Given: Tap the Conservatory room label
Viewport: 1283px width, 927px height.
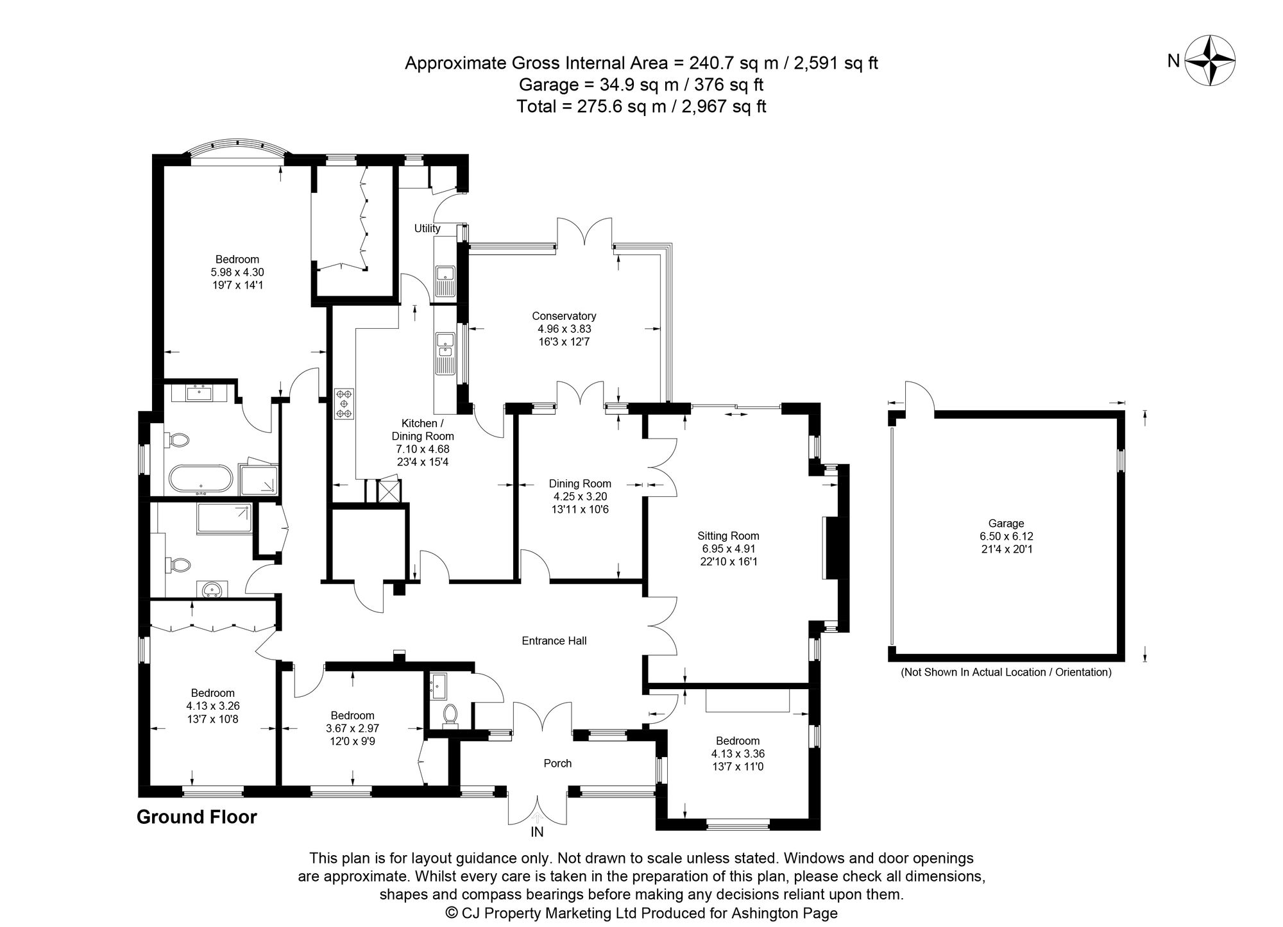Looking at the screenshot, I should click(x=564, y=316).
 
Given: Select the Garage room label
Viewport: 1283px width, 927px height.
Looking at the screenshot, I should click(x=1006, y=524).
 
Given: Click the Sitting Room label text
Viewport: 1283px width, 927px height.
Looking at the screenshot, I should click(x=728, y=536).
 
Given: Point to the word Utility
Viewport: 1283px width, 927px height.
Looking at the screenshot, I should click(x=427, y=229).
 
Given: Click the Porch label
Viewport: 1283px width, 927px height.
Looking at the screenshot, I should click(x=557, y=764).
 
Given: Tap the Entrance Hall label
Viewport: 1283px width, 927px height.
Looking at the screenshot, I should click(x=554, y=640).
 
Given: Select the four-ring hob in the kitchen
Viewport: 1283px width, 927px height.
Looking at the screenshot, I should click(x=344, y=404).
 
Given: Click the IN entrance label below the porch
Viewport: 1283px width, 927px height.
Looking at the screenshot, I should click(x=537, y=833).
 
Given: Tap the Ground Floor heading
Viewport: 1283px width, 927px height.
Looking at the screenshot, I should click(x=196, y=817).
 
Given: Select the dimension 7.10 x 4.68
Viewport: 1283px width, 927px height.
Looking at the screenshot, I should click(x=423, y=449).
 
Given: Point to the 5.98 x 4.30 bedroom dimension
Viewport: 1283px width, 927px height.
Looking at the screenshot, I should click(x=237, y=272).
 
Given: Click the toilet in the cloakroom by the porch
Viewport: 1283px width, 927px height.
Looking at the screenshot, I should click(x=450, y=715).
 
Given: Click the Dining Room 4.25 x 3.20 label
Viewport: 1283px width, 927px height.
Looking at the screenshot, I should click(x=580, y=496).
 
